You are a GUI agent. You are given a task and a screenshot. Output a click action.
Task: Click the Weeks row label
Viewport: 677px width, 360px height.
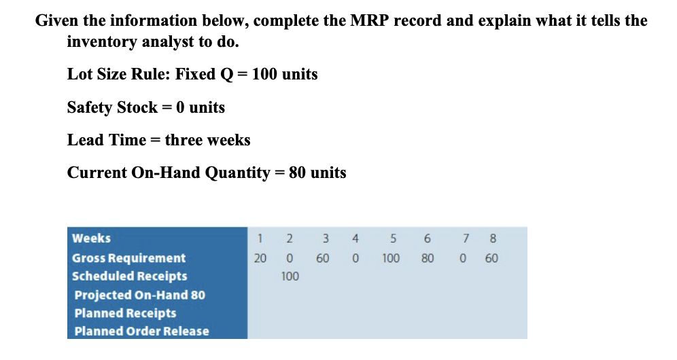pos(91,238)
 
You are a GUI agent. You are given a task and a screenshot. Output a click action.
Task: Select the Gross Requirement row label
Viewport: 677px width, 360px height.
pos(128,258)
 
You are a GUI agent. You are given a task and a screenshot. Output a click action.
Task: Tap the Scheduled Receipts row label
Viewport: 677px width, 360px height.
pos(129,276)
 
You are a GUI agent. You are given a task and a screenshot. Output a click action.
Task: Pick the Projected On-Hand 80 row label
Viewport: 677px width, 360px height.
pos(139,295)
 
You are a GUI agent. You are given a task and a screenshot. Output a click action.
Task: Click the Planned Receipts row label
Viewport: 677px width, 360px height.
pos(125,313)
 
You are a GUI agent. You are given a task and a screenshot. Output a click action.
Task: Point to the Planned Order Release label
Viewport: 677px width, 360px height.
pos(141,331)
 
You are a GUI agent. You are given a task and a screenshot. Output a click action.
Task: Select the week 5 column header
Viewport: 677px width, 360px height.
pos(392,238)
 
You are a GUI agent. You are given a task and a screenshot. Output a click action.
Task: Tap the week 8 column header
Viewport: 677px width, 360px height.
pos(493,238)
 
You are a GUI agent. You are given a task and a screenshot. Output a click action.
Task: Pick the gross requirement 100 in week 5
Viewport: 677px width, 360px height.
pos(390,258)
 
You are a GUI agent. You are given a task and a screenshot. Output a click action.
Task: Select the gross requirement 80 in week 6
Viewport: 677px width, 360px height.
pos(428,258)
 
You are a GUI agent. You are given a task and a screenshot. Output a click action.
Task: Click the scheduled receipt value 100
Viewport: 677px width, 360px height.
pos(290,276)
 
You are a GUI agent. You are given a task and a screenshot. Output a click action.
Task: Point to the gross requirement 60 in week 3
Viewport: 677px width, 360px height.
pos(322,258)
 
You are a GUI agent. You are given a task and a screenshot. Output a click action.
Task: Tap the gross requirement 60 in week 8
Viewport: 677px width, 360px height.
pos(491,258)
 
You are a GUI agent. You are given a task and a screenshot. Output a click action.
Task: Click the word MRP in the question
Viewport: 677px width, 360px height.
pos(370,20)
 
